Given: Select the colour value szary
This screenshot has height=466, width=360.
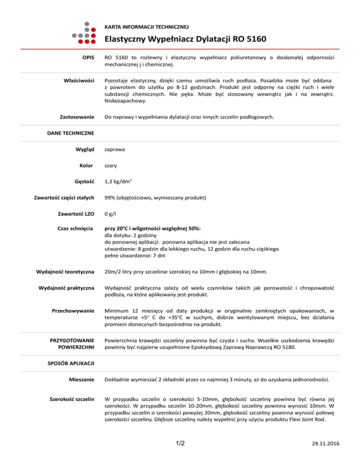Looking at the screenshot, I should [x=111, y=166].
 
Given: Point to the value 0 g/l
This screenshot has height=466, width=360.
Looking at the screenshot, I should [x=111, y=213].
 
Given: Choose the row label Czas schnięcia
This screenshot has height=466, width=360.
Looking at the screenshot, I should [x=76, y=228].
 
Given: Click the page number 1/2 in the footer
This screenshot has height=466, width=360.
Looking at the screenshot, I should [x=180, y=443].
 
